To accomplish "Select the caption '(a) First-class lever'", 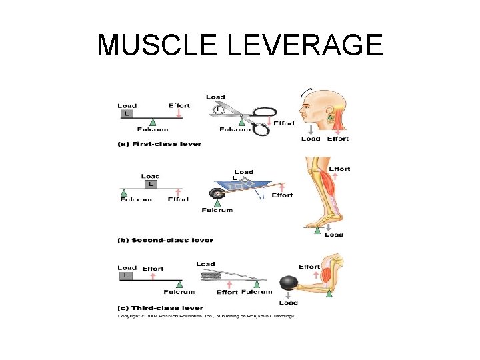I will [x=159, y=144].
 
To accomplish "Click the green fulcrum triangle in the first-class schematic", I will [x=153, y=121].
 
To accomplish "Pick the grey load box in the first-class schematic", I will [x=127, y=114].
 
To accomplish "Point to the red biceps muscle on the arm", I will [x=327, y=274].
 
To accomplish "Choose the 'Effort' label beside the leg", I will [x=339, y=169].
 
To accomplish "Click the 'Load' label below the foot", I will [x=334, y=235].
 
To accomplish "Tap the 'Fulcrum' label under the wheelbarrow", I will [x=217, y=210].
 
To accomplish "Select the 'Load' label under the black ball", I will [x=289, y=303].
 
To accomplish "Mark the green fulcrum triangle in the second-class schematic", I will [x=124, y=192].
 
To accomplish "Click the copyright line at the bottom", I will [x=206, y=316].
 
